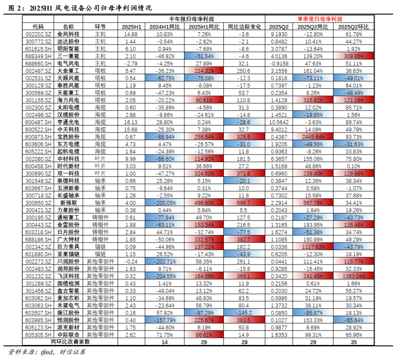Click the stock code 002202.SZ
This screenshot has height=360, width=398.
38,34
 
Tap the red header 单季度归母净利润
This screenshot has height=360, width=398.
319,19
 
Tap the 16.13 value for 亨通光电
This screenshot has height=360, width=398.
130,121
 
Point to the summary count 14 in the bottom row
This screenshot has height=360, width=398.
165,341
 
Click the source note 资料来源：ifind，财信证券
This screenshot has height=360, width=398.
47,352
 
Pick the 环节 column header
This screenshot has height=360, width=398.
100,27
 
